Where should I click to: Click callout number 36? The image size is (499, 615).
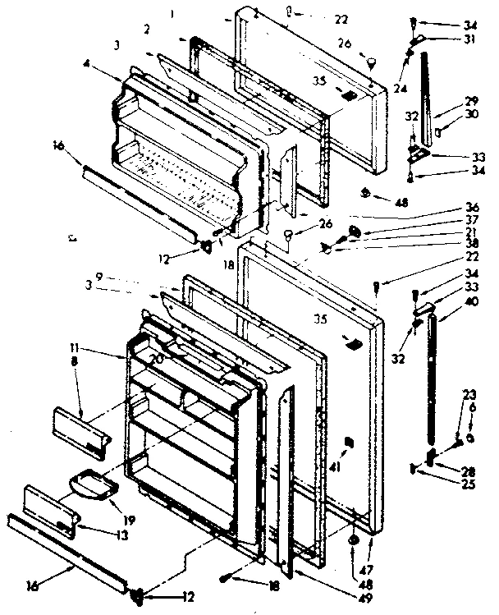[471, 207]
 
